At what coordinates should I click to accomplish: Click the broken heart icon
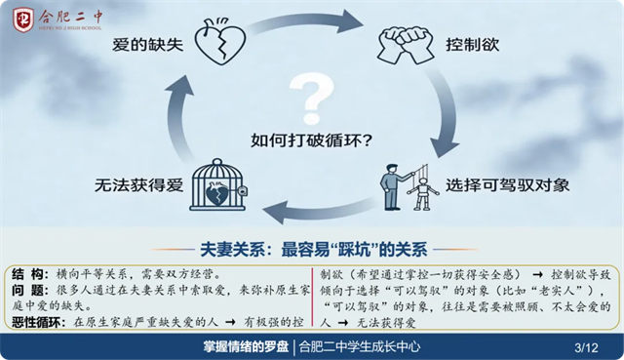[x=219, y=42]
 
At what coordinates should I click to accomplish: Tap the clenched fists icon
[x=406, y=44]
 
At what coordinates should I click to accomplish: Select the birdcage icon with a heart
[x=218, y=184]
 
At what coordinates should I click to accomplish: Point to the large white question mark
[x=312, y=99]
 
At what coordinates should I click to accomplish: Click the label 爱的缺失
[x=147, y=45]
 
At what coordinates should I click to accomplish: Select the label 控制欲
[x=472, y=45]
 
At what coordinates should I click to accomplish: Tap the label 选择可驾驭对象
[x=507, y=185]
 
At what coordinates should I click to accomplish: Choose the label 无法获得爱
[x=138, y=185]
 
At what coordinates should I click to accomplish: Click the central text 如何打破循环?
[x=312, y=140]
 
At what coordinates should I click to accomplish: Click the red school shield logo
[x=23, y=20]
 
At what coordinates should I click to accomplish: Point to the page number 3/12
[x=586, y=347]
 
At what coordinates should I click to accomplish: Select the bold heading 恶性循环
[x=37, y=322]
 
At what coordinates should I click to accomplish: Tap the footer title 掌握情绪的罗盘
[x=246, y=347]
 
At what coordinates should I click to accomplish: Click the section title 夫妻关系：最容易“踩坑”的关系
[x=314, y=250]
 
